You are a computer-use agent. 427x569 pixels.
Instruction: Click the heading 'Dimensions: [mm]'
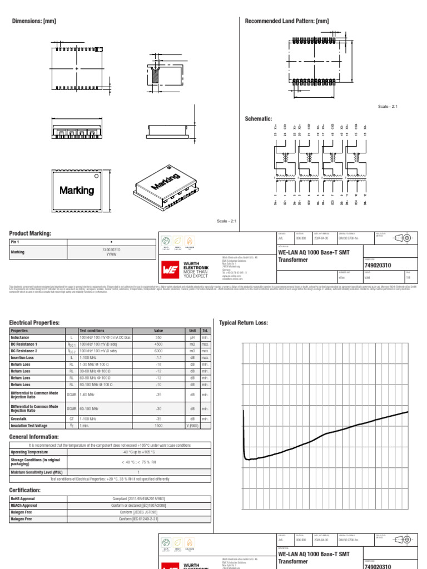[34, 21]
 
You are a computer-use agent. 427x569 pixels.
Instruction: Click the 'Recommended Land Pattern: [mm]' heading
[286, 21]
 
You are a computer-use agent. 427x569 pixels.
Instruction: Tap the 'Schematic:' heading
[259, 119]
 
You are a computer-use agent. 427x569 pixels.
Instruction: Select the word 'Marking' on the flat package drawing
[77, 190]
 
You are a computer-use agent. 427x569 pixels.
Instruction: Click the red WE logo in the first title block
[170, 269]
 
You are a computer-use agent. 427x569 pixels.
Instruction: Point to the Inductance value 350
[158, 337]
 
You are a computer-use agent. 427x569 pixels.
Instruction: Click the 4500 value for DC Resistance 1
[158, 344]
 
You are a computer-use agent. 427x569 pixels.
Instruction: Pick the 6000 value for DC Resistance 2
[158, 351]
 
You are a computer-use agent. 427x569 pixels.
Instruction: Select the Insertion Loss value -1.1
[158, 357]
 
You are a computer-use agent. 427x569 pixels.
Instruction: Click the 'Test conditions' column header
[92, 331]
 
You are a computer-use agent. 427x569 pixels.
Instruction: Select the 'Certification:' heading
[25, 490]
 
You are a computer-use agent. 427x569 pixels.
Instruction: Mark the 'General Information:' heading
[34, 437]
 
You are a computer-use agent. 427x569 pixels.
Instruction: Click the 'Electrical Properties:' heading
[34, 322]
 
